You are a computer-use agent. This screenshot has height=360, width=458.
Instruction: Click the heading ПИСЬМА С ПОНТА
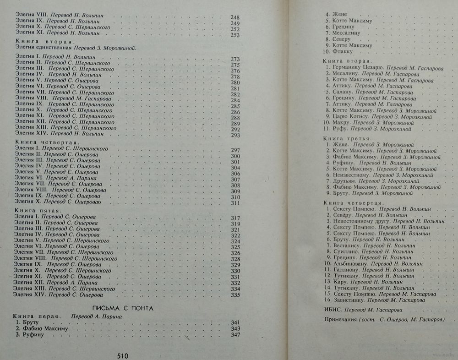[x=123, y=308]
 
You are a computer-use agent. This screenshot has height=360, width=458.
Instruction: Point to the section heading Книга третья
[x=346, y=138]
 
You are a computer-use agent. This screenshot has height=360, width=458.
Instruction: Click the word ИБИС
[x=333, y=310]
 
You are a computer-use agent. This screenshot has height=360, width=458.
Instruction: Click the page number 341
[x=235, y=322]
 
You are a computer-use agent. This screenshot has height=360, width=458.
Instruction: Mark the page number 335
[x=235, y=295]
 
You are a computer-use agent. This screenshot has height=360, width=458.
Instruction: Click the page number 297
[x=235, y=150]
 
